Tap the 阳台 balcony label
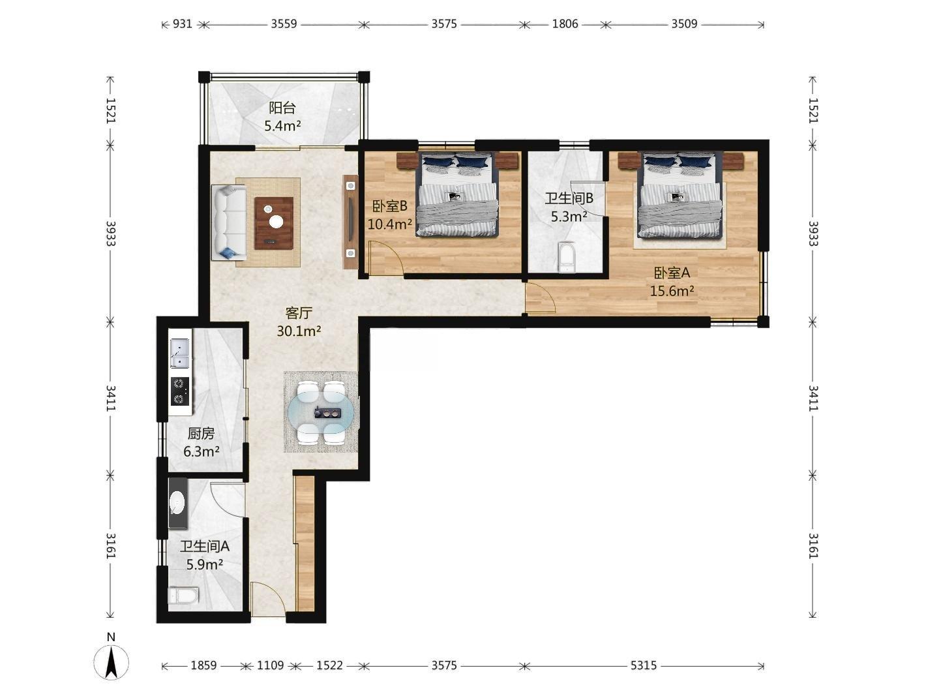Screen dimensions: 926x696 [282, 108]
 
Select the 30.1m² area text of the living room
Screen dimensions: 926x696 [299, 331]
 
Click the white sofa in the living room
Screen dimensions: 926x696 [229, 222]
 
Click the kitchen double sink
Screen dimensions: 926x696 [180, 353]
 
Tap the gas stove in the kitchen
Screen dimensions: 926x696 [180, 391]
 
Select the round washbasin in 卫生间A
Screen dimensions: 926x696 [177, 502]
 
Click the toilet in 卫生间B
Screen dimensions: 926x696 [566, 256]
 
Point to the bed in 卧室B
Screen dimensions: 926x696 [457, 194]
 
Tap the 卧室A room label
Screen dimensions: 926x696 [672, 273]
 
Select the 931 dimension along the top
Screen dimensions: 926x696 [183, 24]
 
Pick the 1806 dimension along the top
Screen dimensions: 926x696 [565, 24]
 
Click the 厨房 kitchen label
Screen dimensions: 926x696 [201, 433]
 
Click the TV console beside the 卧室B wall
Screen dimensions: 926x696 [351, 222]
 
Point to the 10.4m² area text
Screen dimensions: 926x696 [390, 224]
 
